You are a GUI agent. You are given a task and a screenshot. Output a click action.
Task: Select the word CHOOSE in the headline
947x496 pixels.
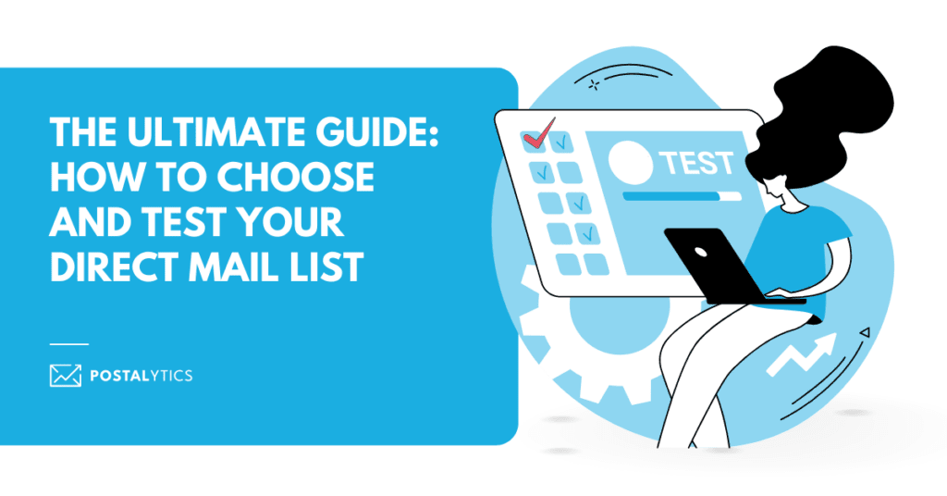tap(295, 177)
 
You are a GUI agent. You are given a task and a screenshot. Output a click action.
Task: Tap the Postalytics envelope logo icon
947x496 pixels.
tap(66, 375)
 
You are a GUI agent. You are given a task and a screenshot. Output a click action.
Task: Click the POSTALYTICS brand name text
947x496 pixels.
tap(141, 376)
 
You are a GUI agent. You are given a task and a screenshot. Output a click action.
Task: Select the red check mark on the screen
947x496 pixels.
tap(539, 133)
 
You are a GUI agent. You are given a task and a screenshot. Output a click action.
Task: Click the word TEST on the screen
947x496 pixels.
tap(696, 163)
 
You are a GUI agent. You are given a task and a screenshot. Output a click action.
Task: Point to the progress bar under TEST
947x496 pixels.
tap(682, 196)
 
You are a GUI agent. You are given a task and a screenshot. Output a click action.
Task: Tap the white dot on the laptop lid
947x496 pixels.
tap(701, 251)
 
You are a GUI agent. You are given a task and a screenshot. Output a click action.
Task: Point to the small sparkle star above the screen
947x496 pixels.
tap(595, 85)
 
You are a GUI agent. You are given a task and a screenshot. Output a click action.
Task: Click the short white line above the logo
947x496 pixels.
tap(68, 343)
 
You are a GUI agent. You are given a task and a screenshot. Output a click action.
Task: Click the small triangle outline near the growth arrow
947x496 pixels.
tap(865, 332)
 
